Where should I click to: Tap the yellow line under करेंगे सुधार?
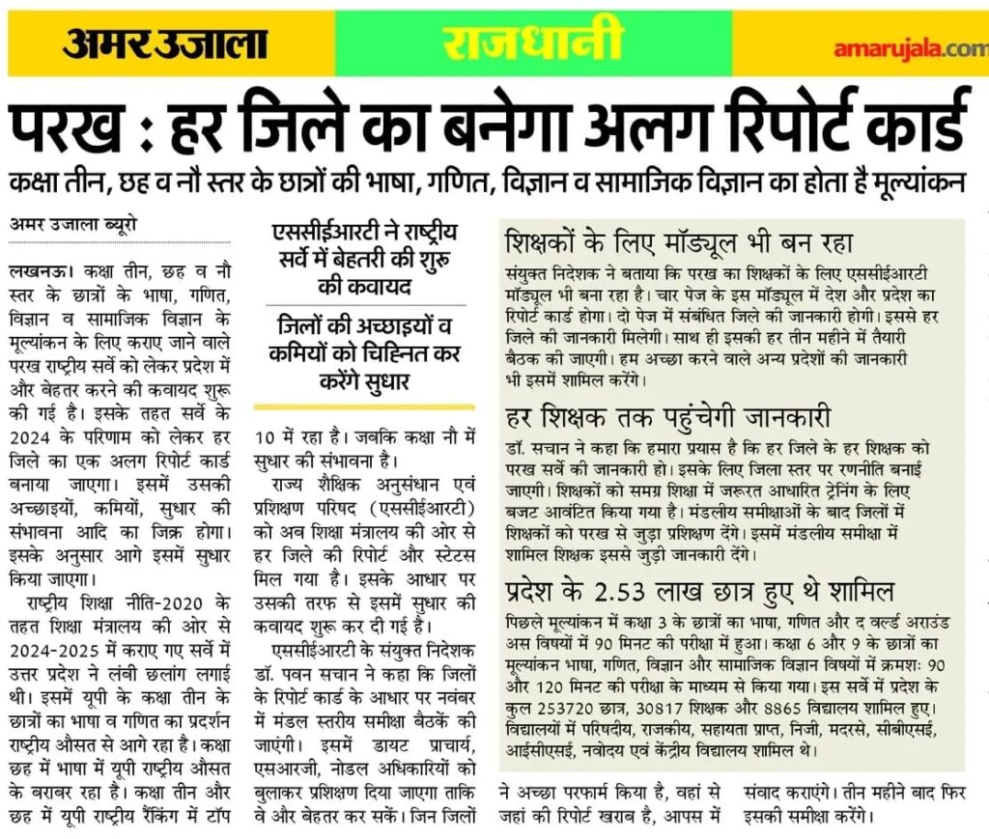(364, 406)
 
